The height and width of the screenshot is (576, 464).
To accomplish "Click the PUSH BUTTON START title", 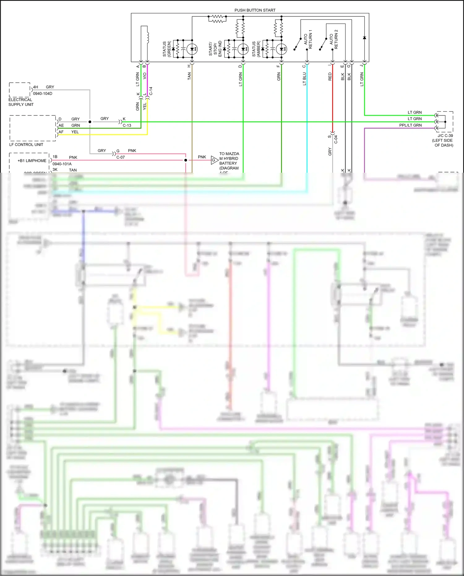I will [x=255, y=10].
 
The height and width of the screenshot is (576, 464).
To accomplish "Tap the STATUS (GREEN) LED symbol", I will [x=192, y=49].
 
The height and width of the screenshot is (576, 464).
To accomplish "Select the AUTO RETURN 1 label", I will [x=308, y=39].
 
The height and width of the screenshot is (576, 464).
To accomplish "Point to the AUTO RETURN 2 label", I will [x=333, y=39].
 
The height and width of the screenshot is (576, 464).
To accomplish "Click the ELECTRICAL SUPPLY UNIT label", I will [x=21, y=102].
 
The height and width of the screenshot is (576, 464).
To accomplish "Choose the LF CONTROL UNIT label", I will [x=26, y=145].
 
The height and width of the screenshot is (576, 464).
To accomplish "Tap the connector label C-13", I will [x=127, y=125].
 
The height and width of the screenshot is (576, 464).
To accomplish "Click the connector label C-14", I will [x=151, y=91].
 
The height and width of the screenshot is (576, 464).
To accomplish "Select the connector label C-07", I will [x=121, y=157].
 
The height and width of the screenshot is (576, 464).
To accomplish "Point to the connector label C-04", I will [x=336, y=139].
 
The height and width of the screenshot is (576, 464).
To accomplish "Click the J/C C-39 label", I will [x=445, y=136].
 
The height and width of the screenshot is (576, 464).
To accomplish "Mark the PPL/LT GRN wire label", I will [x=410, y=125].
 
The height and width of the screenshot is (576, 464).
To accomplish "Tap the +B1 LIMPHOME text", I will [x=32, y=161].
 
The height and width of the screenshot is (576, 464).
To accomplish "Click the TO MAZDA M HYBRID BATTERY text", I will [x=229, y=161].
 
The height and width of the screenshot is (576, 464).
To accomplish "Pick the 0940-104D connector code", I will [x=43, y=93].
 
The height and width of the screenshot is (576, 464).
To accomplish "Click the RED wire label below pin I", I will [x=330, y=77].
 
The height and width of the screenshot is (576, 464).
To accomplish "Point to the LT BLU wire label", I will [x=304, y=79].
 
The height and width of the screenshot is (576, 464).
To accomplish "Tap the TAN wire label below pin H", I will [x=189, y=76].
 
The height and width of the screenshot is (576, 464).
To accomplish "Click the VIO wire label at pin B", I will [x=144, y=76].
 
